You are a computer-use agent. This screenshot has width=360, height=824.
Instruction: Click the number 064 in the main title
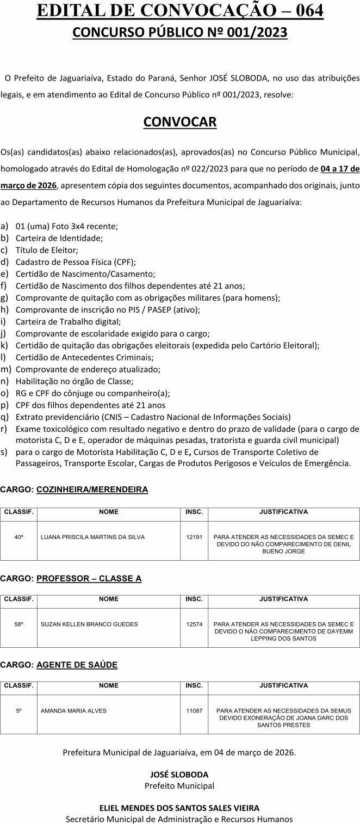point(307,11)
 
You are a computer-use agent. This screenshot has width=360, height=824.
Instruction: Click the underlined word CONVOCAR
point(180,122)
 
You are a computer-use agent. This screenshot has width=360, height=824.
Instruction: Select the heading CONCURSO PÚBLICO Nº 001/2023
point(180,33)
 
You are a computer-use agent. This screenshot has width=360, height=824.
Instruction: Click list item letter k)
point(4,345)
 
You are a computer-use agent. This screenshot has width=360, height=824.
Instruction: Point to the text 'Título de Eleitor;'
point(47,250)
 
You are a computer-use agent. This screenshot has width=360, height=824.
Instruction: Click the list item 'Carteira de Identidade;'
point(59,238)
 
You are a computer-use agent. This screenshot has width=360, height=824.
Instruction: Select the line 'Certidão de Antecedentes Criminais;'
point(84,357)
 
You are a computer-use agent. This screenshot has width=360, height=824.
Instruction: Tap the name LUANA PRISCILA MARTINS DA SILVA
point(92,537)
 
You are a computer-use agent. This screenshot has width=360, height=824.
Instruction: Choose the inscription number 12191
point(194,537)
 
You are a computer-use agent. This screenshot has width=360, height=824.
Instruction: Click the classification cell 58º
point(18,624)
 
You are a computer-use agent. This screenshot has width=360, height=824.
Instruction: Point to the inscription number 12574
point(194,624)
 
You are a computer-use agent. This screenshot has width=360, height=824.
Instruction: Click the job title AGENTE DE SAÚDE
point(77,665)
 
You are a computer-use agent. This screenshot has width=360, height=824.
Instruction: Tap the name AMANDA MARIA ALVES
point(73,710)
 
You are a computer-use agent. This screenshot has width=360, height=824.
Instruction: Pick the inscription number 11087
point(194,710)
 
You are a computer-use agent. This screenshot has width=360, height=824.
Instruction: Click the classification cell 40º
point(18,537)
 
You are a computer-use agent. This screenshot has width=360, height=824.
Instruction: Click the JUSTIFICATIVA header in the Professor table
point(283,599)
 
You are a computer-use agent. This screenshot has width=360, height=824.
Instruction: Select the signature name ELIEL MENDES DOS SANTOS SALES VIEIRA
point(179,808)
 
